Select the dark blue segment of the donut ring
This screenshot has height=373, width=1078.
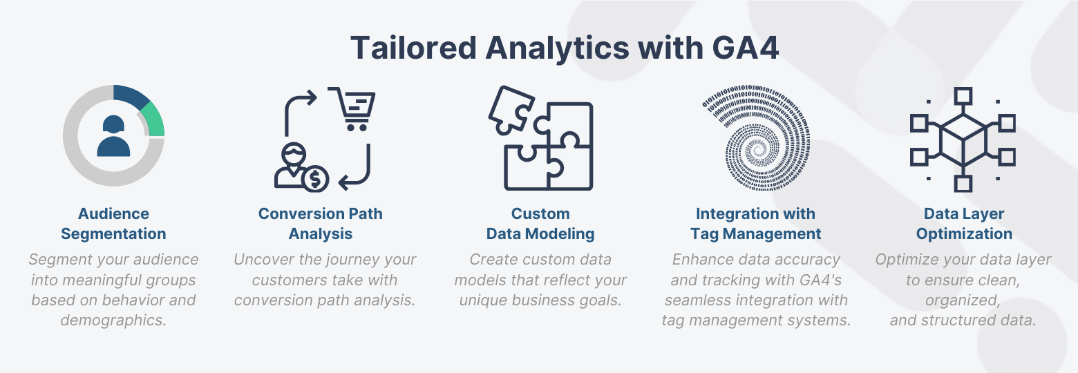(131, 96)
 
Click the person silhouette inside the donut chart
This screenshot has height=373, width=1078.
(113, 136)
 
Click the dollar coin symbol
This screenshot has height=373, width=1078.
(316, 180)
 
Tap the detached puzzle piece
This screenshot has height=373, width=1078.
(509, 108)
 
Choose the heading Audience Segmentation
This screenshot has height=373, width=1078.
(113, 224)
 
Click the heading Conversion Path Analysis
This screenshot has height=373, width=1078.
(321, 224)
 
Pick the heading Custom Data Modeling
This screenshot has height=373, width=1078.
(540, 224)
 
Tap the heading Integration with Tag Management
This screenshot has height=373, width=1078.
(755, 224)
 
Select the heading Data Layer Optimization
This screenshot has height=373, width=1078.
(964, 224)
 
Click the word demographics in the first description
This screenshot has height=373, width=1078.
(113, 321)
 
